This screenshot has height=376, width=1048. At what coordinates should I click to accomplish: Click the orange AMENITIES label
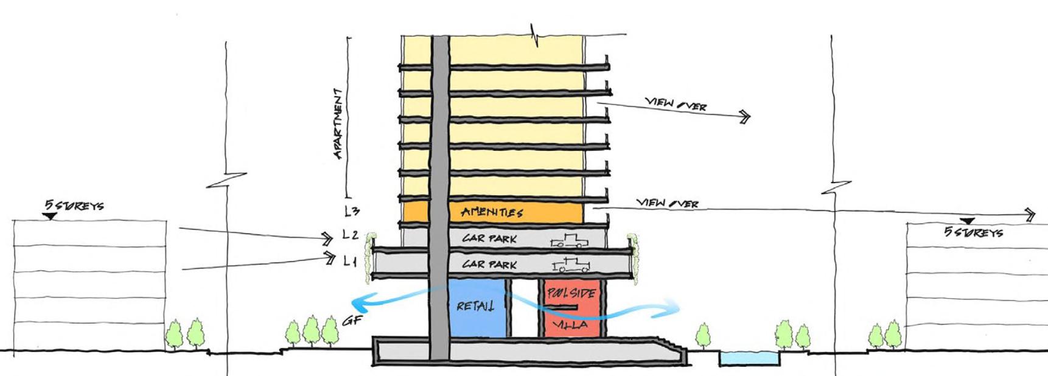[x=492, y=212]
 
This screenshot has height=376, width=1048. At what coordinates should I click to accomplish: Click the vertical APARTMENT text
[x=338, y=125]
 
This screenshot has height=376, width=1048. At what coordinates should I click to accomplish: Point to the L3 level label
[x=352, y=212]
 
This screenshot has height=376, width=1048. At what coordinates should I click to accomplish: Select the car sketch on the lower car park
[x=570, y=265]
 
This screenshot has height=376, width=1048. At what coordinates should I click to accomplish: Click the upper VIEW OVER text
[x=676, y=104]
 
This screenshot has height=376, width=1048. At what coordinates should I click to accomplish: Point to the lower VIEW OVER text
[x=667, y=203]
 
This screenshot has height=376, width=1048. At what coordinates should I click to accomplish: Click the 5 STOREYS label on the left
[x=74, y=205]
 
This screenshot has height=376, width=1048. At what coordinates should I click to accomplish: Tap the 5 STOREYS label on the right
[x=973, y=232]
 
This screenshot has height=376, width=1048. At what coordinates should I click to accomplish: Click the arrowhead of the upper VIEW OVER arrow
[x=744, y=117]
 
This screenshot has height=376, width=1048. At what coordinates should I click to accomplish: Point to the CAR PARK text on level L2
[x=489, y=238]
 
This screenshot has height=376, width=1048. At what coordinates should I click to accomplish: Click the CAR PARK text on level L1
[x=489, y=264]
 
